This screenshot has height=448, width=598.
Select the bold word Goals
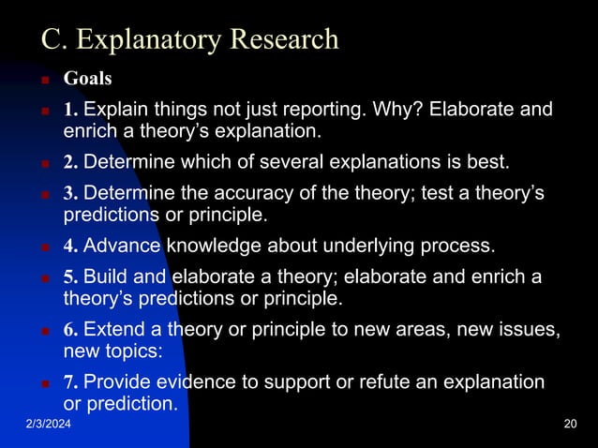87,78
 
